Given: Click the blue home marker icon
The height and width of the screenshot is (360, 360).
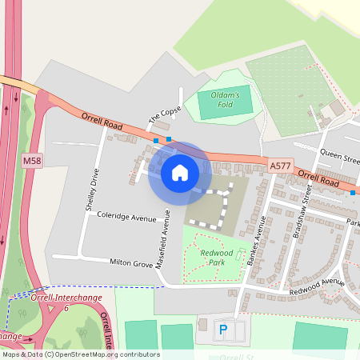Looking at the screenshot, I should (180, 172).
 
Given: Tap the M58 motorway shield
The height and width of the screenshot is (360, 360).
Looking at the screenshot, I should (32, 161).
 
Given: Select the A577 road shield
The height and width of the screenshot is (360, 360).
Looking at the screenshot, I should (280, 166).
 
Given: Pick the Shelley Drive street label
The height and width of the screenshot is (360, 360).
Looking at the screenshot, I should (90, 189).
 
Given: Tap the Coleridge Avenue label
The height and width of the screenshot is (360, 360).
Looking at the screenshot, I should (126, 217).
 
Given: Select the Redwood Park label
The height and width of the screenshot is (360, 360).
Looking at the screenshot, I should (217, 258).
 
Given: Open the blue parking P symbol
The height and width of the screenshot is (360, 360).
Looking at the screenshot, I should (223, 328).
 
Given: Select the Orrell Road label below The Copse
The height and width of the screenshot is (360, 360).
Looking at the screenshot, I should (101, 122).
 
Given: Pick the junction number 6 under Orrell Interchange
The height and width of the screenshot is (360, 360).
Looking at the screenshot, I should (66, 307).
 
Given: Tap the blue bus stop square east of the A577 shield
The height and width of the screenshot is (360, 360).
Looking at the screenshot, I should (353, 192).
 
